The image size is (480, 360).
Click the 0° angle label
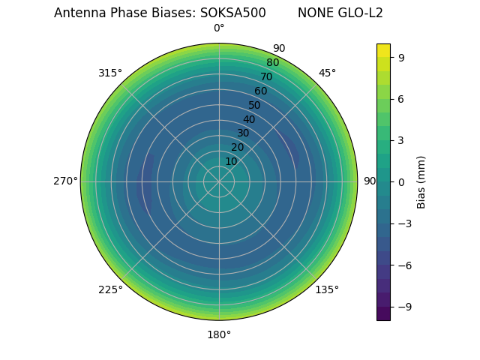click(x=219, y=28)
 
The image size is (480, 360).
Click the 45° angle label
click(x=327, y=73)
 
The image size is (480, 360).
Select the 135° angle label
click(x=327, y=289)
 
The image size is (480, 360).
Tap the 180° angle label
click(x=219, y=334)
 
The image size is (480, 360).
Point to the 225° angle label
click(x=110, y=289)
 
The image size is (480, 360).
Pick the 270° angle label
click(x=65, y=181)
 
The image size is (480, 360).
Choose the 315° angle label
click(x=110, y=73)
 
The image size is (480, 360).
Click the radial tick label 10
click(x=231, y=161)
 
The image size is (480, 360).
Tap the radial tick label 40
click(x=249, y=119)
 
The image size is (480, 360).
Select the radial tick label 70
click(x=266, y=76)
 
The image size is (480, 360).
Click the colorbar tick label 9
click(x=402, y=57)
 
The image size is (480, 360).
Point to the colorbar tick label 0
click(x=402, y=181)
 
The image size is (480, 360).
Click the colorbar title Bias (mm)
click(x=421, y=181)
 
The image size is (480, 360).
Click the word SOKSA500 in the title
click(x=232, y=13)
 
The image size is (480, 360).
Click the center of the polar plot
click(x=219, y=181)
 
